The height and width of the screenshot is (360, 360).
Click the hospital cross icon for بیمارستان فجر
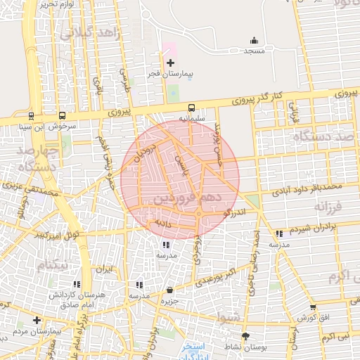click(x=169, y=63)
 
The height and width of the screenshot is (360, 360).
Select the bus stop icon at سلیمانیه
click(x=191, y=108)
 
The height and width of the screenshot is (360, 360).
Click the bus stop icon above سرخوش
click(x=63, y=116)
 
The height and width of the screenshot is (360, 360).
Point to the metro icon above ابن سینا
click(x=31, y=116)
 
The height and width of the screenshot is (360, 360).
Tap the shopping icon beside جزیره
click(x=169, y=290)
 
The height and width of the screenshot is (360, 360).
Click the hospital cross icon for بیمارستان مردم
click(x=37, y=321)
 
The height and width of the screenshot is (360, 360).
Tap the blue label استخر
click(x=193, y=347)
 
